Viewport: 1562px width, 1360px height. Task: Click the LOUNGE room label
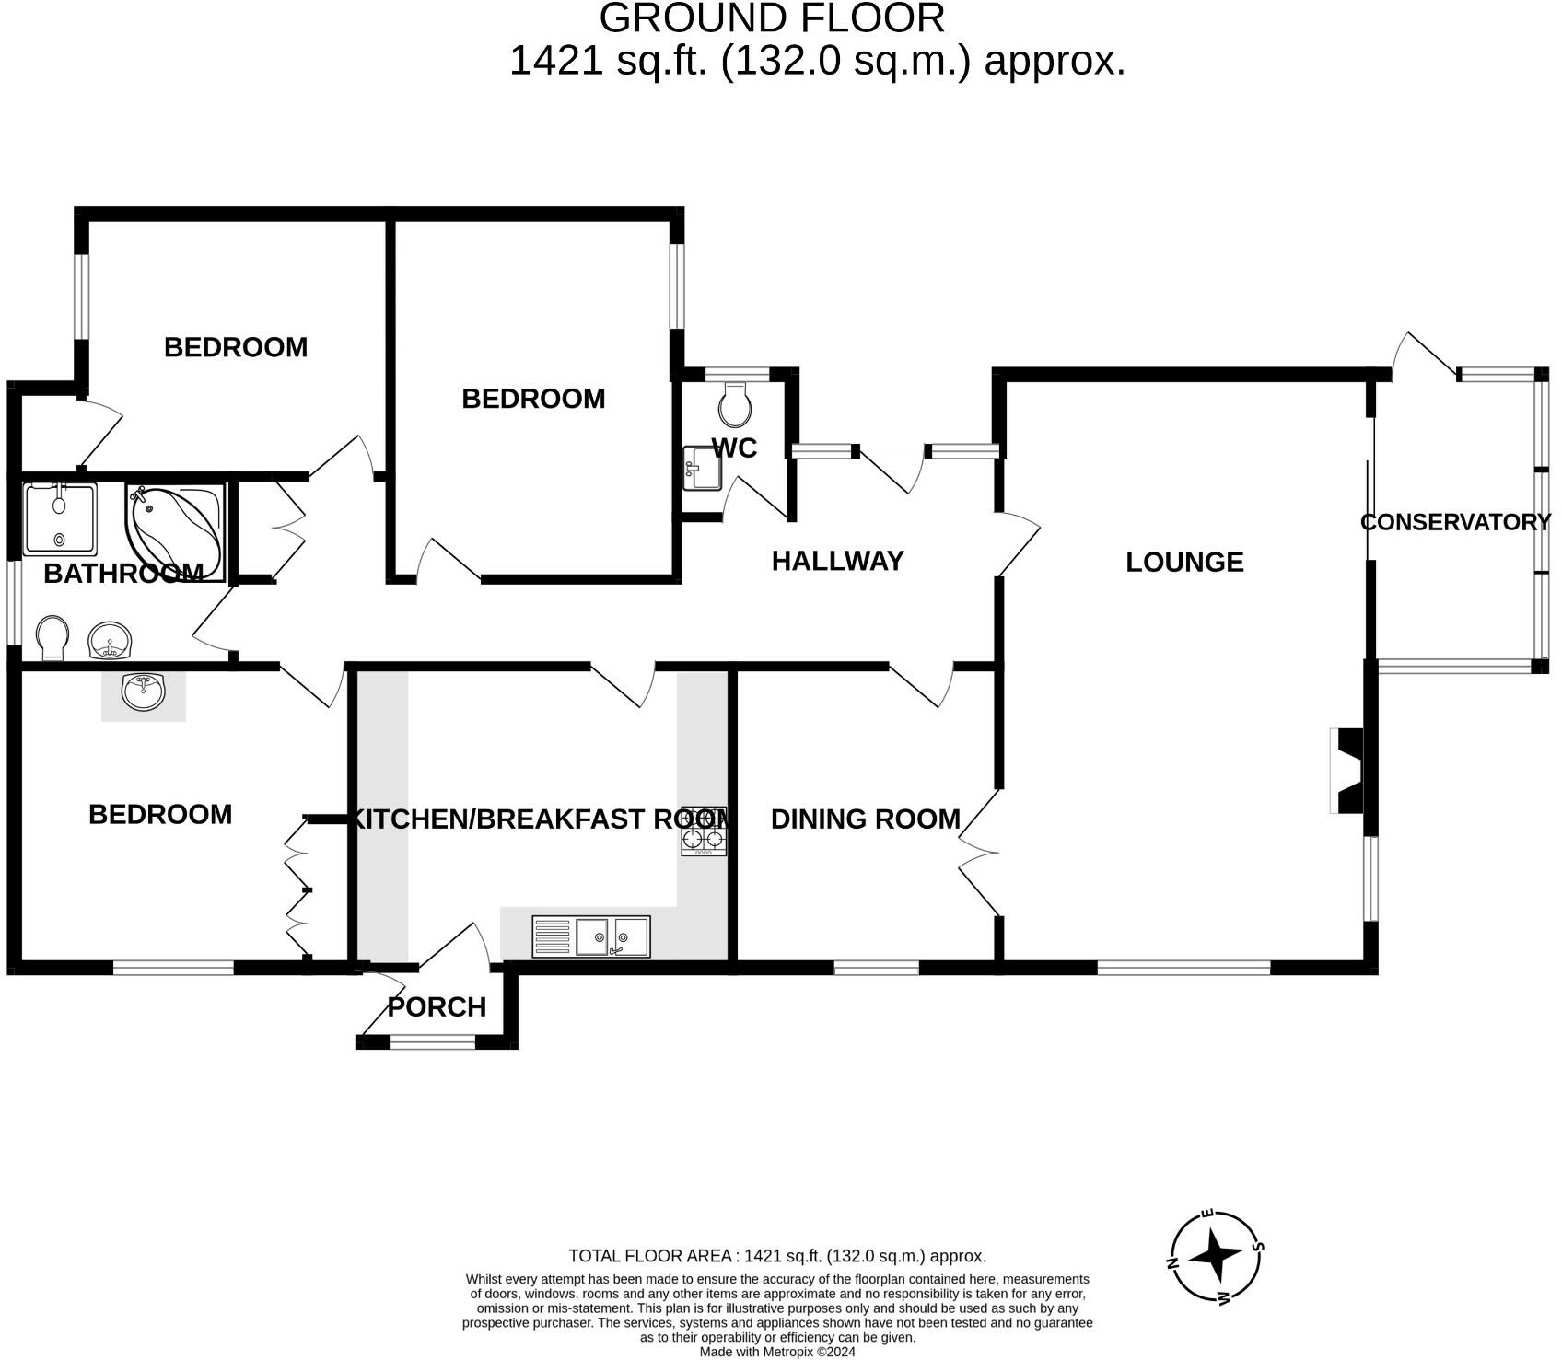tap(1184, 562)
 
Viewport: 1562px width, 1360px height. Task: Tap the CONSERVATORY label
tap(1455, 522)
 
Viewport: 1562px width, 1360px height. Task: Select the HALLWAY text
tap(837, 561)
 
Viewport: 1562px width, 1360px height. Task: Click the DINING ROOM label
tap(865, 819)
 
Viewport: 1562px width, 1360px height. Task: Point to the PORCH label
tap(437, 1006)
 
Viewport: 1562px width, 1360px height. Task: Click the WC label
tap(734, 448)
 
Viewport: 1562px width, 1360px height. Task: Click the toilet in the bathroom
tap(52, 637)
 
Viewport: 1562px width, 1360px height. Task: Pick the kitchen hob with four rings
tap(704, 831)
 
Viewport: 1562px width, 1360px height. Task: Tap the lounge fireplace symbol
tap(1346, 771)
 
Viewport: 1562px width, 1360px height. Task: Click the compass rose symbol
tap(1216, 1257)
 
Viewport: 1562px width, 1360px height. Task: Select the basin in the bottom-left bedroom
tap(143, 692)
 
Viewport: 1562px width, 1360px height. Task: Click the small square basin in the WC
tap(701, 469)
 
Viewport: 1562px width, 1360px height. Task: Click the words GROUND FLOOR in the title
tap(772, 18)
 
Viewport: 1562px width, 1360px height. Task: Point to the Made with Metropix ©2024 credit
tap(777, 1352)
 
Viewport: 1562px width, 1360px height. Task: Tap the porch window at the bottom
tap(433, 1041)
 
